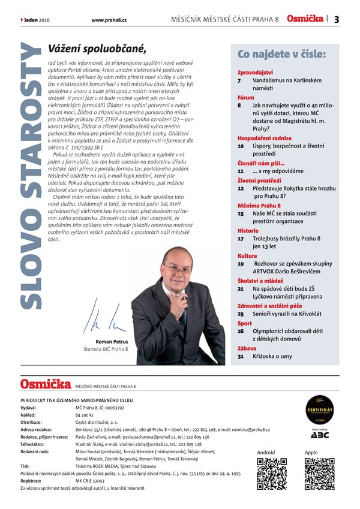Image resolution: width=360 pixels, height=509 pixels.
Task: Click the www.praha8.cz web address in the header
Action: click(109, 20)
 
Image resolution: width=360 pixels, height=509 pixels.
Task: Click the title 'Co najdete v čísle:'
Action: click(281, 55)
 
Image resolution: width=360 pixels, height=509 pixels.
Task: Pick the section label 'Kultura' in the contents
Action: click(247, 255)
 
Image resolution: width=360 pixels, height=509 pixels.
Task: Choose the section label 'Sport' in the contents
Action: click(244, 323)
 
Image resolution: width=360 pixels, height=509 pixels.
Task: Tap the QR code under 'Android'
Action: click(272, 473)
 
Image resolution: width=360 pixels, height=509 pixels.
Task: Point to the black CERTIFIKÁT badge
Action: click(319, 408)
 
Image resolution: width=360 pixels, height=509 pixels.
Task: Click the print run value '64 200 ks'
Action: click(85, 414)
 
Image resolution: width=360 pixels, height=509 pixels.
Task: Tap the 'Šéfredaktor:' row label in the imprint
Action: click(35, 444)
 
